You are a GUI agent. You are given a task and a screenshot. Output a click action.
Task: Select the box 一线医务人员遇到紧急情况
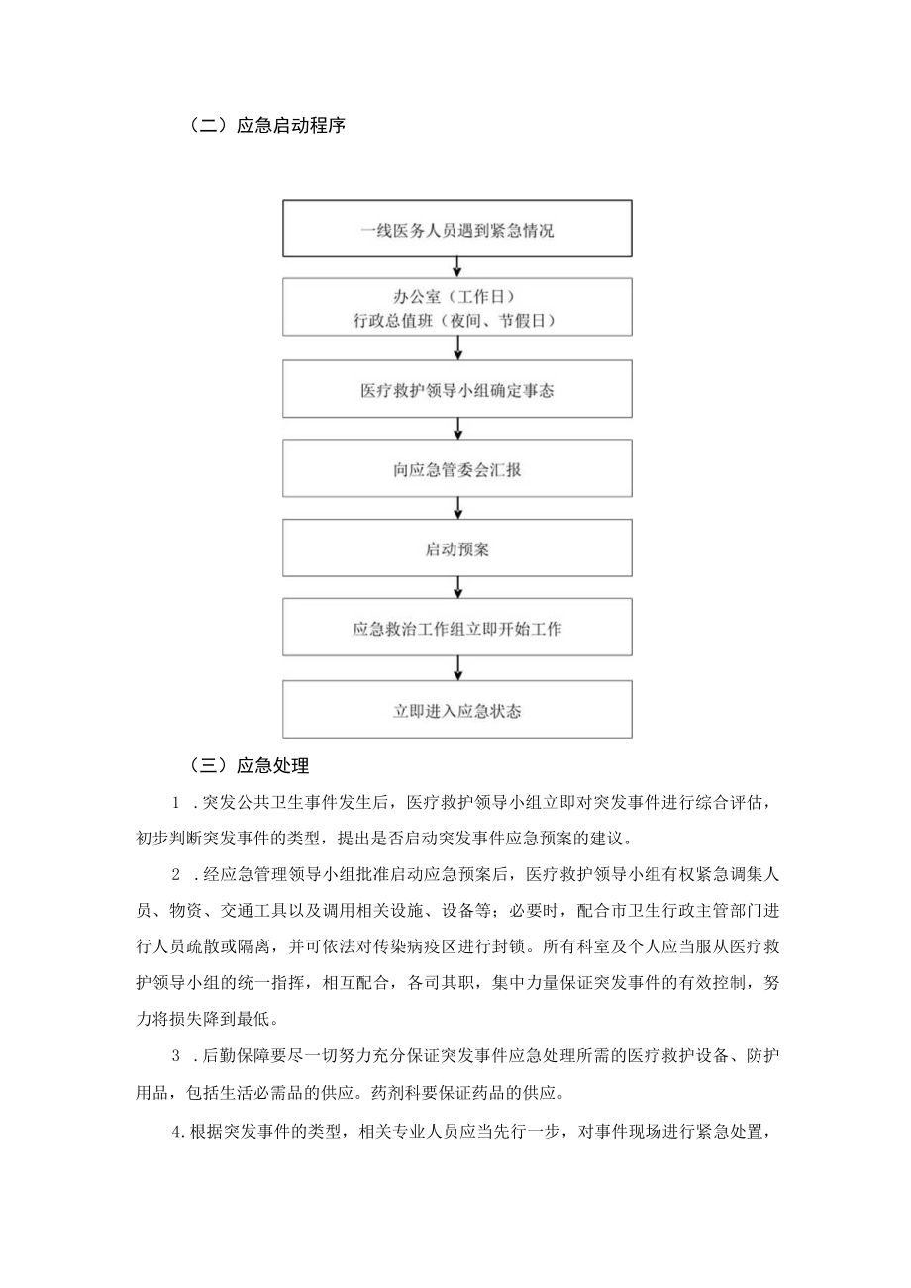coord(457,231)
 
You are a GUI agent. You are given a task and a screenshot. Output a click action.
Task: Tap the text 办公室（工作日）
coord(457,297)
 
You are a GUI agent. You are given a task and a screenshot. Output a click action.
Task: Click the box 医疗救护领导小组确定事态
coord(457,390)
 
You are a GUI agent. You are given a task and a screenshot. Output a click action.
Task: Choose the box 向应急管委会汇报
coord(457,469)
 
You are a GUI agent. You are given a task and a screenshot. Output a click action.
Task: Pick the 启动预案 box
coord(457,548)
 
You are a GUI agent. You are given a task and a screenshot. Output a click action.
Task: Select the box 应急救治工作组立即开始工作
coord(457,628)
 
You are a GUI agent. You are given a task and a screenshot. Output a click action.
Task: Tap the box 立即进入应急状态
coord(457,710)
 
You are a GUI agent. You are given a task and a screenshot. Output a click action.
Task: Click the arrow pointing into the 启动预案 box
coord(457,508)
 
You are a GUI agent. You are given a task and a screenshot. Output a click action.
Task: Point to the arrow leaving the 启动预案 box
coord(457,587)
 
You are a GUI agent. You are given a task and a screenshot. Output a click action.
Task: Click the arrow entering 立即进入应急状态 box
coord(457,668)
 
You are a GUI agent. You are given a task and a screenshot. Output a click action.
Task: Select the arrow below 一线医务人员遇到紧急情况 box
coord(457,267)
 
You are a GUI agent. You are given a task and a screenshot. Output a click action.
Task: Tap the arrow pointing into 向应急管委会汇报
coord(457,429)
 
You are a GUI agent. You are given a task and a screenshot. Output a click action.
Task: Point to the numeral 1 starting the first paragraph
coord(175,802)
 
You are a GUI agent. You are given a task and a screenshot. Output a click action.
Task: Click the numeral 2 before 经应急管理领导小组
coord(175,874)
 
